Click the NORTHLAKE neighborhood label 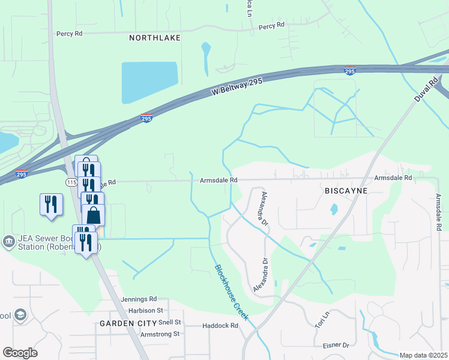tap(155, 38)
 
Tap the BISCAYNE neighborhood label tap(345, 190)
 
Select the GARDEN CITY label tap(124, 323)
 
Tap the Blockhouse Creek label tap(232, 292)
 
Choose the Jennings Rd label tap(138, 299)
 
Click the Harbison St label tap(146, 310)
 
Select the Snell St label tap(170, 322)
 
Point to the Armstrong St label tap(160, 334)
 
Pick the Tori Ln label tap(323, 319)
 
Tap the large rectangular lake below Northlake tap(149, 82)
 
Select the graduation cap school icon tap(21, 315)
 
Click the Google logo tap(20, 353)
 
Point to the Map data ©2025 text tap(423, 355)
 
